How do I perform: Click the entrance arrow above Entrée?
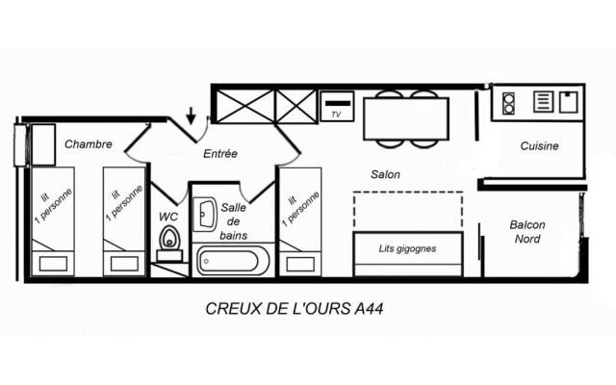click(192, 116)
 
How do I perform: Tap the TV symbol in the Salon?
click(337, 105)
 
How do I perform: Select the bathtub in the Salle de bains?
click(233, 261)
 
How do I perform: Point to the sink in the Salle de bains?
click(206, 214)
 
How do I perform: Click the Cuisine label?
click(539, 146)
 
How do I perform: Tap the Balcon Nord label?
click(526, 232)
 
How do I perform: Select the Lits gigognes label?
click(408, 248)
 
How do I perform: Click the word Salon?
click(385, 174)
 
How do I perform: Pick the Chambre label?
click(89, 144)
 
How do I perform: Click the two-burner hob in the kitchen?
click(508, 102)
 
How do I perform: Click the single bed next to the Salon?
click(299, 221)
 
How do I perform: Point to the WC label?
click(168, 217)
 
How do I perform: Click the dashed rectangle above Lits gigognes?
click(407, 210)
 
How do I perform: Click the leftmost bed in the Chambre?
click(53, 221)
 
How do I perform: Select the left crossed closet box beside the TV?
click(244, 105)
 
